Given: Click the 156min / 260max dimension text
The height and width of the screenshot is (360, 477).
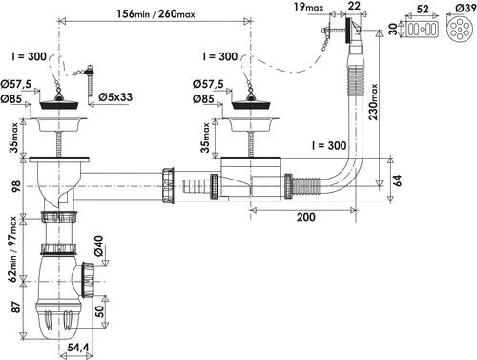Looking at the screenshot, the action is pyautogui.click(x=156, y=13).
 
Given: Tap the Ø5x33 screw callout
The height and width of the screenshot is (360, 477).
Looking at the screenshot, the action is pyautogui.click(x=115, y=97).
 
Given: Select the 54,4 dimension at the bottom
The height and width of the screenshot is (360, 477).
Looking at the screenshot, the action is pyautogui.click(x=78, y=348).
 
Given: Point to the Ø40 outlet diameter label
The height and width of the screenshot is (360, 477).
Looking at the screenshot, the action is pyautogui.click(x=98, y=245).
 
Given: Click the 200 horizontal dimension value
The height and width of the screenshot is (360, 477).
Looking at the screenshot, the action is pyautogui.click(x=306, y=217).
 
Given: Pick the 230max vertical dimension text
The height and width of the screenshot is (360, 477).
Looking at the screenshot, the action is pyautogui.click(x=373, y=101).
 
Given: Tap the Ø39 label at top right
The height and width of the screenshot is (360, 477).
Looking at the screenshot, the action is pyautogui.click(x=465, y=8).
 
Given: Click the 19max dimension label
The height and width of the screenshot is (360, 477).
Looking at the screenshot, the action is pyautogui.click(x=308, y=7).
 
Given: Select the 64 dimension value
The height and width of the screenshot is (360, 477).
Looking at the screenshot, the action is pyautogui.click(x=398, y=180).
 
